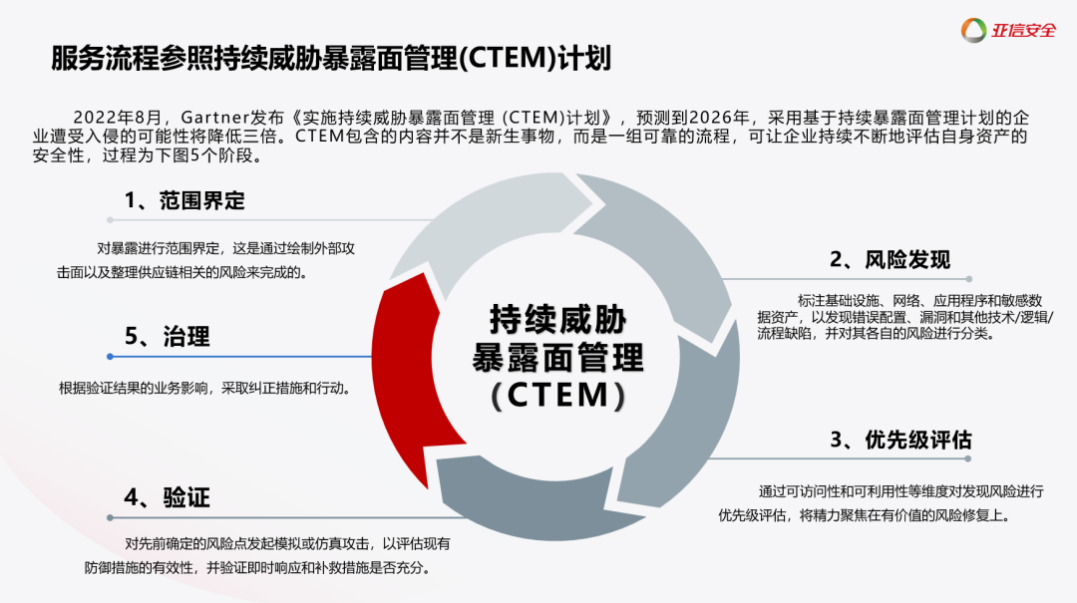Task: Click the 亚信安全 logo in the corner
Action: point(1008,30)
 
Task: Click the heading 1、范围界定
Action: point(184,200)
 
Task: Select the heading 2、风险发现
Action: point(890,260)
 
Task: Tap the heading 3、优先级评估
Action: point(900,440)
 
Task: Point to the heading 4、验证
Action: point(167,497)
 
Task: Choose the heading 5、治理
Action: point(167,337)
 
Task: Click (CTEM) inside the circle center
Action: point(558,395)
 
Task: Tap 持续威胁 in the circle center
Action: point(558,319)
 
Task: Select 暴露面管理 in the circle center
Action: point(558,357)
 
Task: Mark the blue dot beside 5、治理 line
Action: point(109,356)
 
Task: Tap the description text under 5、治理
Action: point(203,389)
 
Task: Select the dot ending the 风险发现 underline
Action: point(968,279)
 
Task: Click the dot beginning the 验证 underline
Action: point(109,517)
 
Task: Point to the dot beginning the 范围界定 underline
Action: point(109,219)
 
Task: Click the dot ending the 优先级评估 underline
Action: point(968,459)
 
